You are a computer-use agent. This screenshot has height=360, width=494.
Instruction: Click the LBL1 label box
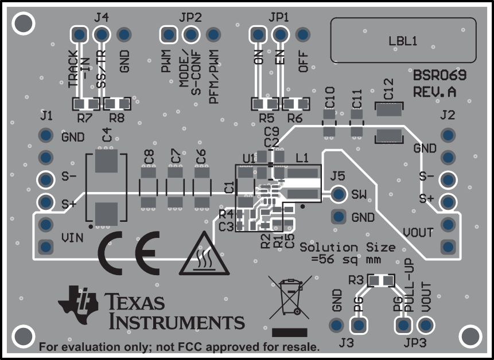[403, 40]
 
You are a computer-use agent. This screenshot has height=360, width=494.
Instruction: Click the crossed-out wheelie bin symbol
[290, 294]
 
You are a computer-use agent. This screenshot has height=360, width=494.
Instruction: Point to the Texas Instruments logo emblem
[79, 302]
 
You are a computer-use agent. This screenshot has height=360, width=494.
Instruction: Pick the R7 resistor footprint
[85, 104]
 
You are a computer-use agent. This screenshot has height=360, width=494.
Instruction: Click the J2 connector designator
[448, 115]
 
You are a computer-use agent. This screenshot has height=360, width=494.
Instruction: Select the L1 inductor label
[302, 157]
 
